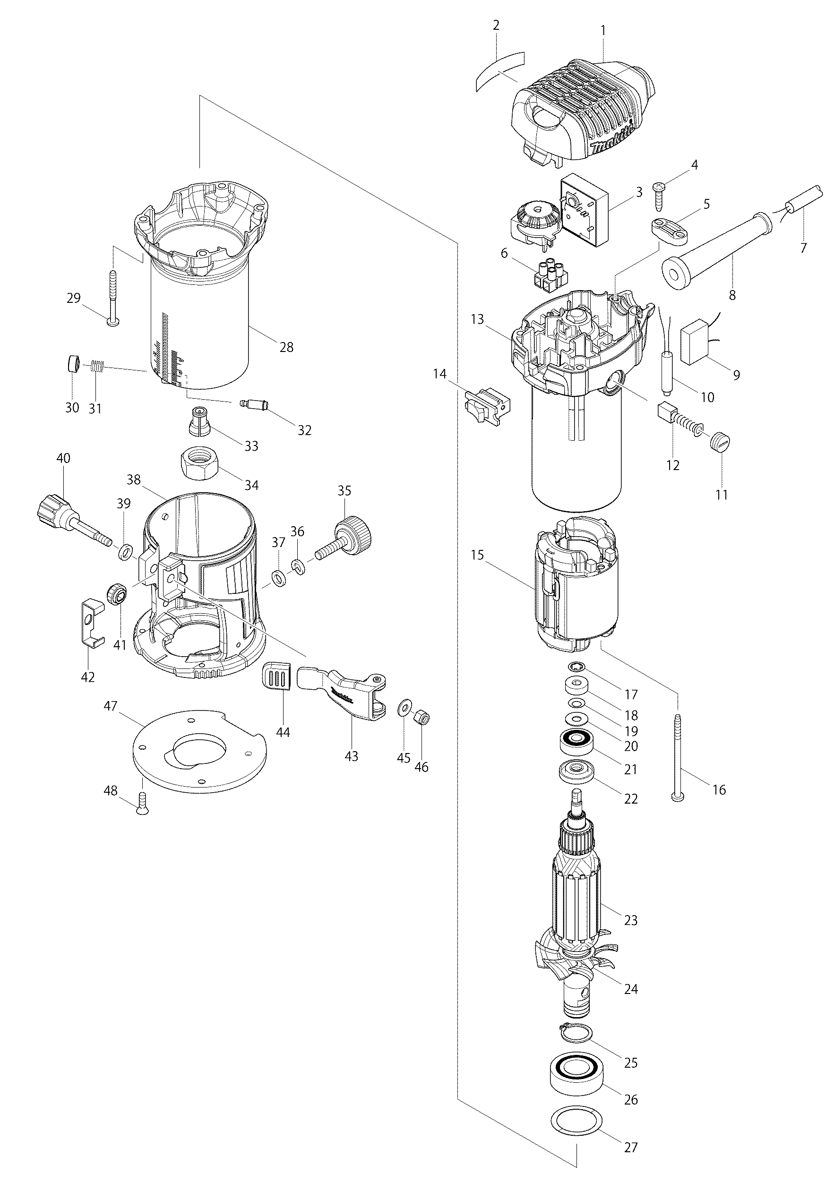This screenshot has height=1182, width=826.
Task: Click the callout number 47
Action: point(111,706)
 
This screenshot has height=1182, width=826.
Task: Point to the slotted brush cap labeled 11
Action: point(722,443)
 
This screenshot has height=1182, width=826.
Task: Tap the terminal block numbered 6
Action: point(547,275)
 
